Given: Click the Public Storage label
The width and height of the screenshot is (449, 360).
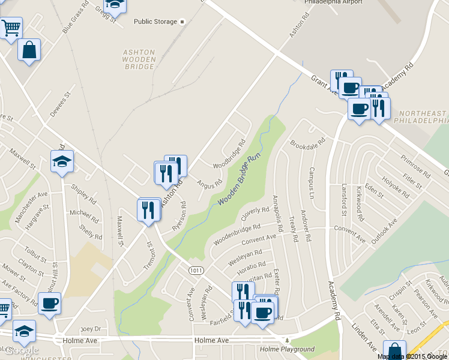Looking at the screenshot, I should coord(155,22).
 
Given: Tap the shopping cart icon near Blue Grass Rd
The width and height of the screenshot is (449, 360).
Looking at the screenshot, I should coord(10,28).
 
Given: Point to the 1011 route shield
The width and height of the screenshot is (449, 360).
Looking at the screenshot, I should coord(195,271).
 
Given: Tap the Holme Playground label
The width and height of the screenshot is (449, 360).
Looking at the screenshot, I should coord(287,349).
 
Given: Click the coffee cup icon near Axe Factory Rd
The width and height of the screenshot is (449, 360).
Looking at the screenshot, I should coord(49,303).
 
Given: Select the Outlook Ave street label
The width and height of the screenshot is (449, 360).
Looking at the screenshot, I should coord(384,231).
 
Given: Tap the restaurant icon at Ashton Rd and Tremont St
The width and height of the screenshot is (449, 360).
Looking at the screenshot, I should coord(148,210).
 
